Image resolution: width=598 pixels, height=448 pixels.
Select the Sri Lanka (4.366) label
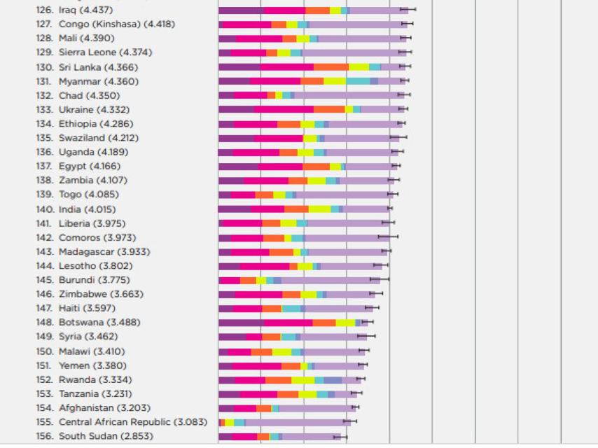pos(98,67)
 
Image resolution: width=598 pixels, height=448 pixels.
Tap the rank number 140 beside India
pos(45,209)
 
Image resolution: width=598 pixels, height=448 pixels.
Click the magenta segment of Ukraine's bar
pos(284,109)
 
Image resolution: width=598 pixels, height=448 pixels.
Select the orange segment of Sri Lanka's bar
pos(331,67)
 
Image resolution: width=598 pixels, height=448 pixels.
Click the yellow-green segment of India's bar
pos(319,209)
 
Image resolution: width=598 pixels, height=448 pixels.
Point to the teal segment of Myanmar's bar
pos(357,81)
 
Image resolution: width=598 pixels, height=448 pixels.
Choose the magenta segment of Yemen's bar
pos(256,365)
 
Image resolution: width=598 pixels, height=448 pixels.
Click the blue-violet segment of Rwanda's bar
pos(333,379)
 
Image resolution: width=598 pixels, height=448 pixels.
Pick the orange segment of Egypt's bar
pos(316,167)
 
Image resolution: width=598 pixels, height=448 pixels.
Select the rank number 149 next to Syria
pos(45,337)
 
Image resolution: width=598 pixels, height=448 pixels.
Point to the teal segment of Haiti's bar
pos(291,309)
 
